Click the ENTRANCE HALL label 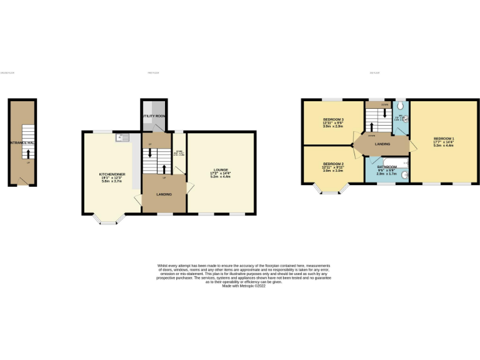(21, 143)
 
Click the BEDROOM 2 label (333, 163)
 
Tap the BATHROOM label (387, 167)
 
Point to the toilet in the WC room (400, 106)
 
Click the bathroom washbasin (404, 175)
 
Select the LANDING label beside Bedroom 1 (382, 145)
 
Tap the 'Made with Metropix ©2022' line (240, 286)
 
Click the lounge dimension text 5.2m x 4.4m (221, 177)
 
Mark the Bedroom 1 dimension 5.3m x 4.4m (443, 146)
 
